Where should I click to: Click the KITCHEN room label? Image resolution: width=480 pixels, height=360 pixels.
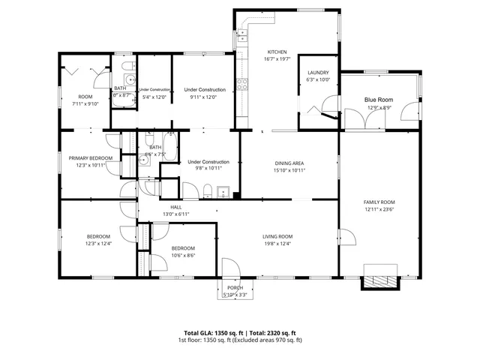coord(276,52)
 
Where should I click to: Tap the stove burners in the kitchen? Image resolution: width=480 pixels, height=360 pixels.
coord(242,84)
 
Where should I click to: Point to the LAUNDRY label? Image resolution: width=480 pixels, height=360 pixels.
coord(318,72)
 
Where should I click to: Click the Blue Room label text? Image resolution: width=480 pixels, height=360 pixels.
coord(378,99)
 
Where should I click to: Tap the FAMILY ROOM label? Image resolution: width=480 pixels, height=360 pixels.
coord(379,202)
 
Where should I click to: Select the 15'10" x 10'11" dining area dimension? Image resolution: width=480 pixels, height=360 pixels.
coord(289,170)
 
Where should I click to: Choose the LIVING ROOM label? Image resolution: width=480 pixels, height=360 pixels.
coord(277,236)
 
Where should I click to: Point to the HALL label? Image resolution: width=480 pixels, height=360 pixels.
coord(175,207)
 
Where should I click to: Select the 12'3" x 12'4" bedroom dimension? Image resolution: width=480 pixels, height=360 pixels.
coord(97,244)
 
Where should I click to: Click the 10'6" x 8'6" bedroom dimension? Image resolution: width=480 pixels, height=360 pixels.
coord(182,255)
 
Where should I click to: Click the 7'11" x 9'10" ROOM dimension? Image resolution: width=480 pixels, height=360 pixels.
coord(85,104)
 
